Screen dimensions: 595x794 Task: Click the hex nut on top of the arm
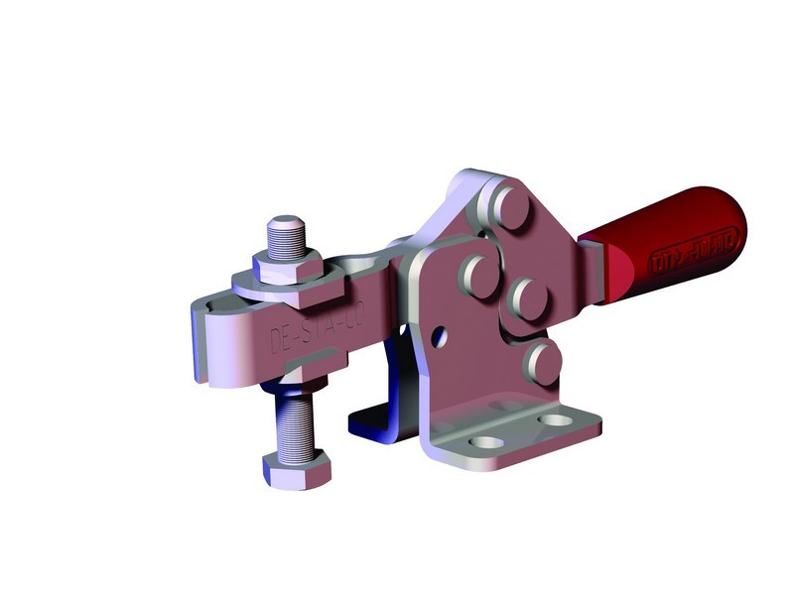point(287,265)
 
